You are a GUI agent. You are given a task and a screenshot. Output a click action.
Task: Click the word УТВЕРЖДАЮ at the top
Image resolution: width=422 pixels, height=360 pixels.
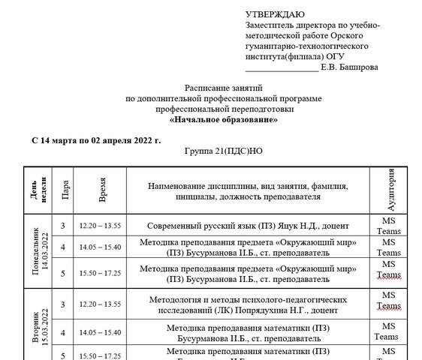click(x=274, y=14)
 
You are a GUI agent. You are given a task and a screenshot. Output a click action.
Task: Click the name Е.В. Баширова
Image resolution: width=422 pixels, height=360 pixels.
click(x=349, y=67)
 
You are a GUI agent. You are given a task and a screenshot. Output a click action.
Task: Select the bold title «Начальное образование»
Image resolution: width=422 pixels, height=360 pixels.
click(x=224, y=119)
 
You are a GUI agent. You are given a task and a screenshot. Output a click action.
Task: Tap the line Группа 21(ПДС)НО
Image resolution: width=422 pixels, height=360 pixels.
click(x=224, y=151)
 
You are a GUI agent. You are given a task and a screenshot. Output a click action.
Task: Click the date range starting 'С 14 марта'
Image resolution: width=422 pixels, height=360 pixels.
click(x=96, y=139)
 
